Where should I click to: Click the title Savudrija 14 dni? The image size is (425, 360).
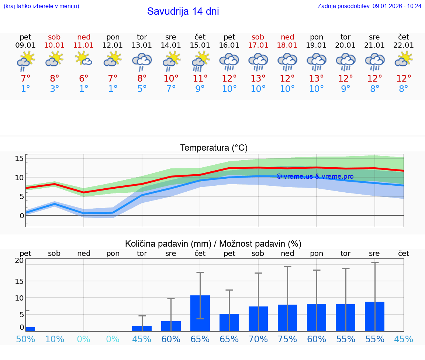(x=183, y=11)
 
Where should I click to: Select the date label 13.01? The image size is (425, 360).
(x=142, y=45)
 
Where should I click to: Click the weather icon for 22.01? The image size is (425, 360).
(x=403, y=59)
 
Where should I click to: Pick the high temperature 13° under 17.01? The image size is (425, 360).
(x=258, y=79)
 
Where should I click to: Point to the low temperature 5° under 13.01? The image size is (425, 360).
(x=142, y=89)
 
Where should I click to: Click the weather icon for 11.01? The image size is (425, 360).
(x=84, y=59)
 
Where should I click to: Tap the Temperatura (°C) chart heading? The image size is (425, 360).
(x=214, y=148)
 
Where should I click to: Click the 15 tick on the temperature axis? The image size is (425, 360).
(x=19, y=158)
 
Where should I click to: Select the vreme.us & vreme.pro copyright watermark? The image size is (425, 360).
(x=315, y=176)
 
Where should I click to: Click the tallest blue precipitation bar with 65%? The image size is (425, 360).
(x=200, y=313)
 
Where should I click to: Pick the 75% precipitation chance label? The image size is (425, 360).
(x=287, y=339)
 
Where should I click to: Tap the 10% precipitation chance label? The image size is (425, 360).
(x=54, y=339)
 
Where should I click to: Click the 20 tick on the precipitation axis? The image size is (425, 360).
(x=19, y=260)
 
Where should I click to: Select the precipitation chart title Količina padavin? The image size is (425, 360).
(x=213, y=244)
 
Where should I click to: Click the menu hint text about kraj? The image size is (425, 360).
(x=41, y=6)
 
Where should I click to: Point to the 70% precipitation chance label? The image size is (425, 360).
(x=258, y=339)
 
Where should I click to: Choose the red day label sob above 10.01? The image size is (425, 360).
(x=54, y=37)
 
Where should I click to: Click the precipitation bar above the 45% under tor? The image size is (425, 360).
(x=142, y=329)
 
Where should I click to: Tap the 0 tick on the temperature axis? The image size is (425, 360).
(x=22, y=215)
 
